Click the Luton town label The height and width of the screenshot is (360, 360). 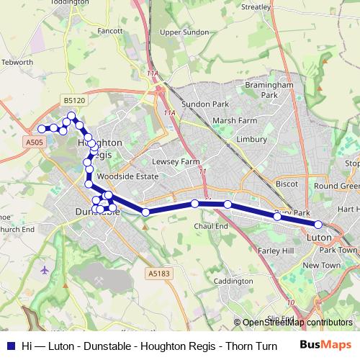point(319,237)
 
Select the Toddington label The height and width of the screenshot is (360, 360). point(69,2)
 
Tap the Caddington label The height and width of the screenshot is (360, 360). point(233,281)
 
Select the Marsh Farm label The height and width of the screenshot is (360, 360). point(234,120)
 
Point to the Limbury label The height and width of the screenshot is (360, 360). point(251,139)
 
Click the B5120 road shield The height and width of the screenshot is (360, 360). point(74,101)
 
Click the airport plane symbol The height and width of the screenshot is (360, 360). point(45,270)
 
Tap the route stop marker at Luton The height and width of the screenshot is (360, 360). point(318,225)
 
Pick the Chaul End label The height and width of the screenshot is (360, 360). point(212,226)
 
